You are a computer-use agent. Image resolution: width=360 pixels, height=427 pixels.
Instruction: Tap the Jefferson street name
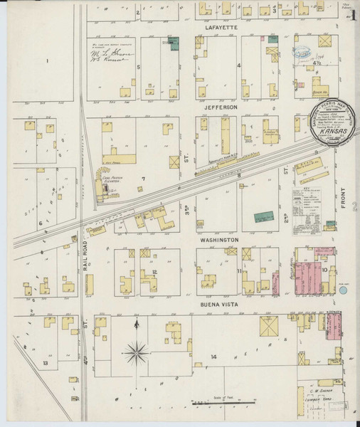coord(218,107)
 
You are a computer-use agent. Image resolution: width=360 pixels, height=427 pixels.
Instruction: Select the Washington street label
coord(218,241)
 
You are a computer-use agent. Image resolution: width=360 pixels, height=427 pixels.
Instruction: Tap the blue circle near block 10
coord(344,290)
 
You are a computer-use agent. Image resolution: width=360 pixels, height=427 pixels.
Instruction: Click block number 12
coord(154,272)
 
